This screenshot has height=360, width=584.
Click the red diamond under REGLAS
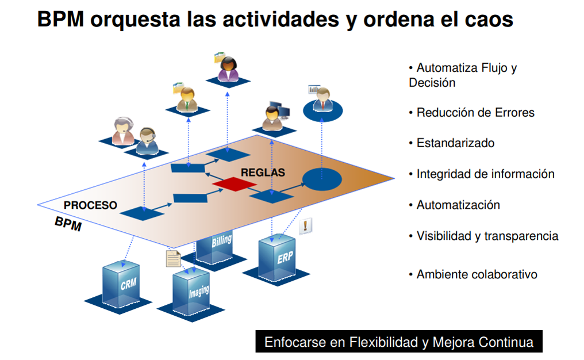tap(235, 183)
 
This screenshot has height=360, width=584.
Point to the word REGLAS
tap(263, 172)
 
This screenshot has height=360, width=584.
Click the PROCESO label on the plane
tap(90, 205)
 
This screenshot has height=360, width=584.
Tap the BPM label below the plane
tap(68, 224)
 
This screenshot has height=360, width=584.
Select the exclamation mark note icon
tap(307, 225)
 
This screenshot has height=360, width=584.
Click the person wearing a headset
tap(148, 140)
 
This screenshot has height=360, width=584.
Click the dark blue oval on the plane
tap(322, 179)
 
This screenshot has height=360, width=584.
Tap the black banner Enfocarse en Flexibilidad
tap(398, 342)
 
